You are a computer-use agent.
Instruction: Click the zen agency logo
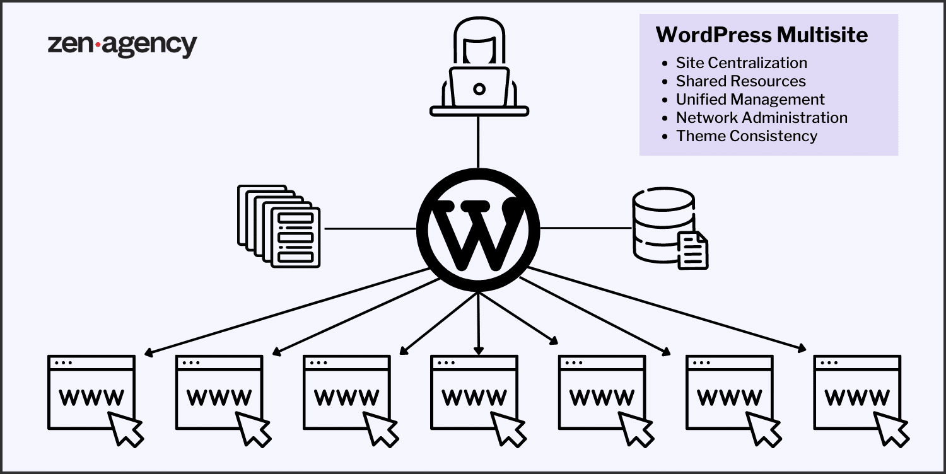122,45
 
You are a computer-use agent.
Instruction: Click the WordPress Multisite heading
762,35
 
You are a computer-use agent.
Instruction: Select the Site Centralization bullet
741,63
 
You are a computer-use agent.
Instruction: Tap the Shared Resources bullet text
740,81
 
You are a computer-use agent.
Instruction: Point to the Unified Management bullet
750,100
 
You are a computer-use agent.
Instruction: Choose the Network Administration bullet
761,118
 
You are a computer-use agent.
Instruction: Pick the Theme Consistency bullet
746,136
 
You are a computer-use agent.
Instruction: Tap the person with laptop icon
479,69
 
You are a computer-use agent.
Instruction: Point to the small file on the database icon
693,250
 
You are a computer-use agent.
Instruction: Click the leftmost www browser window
91,392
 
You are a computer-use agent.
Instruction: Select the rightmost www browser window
856,392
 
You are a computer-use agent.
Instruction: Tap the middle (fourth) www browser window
474,392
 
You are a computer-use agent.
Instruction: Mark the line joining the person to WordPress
479,142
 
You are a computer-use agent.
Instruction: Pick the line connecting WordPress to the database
587,228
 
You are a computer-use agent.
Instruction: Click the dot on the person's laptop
479,89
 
